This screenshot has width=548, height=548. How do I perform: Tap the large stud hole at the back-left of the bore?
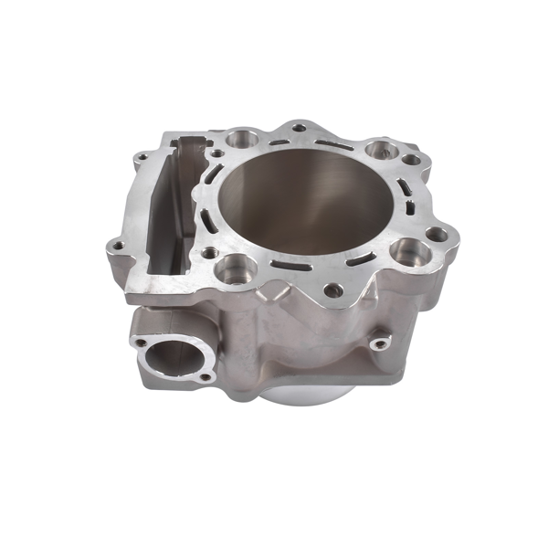point(241,139)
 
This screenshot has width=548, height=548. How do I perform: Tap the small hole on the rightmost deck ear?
point(437,235)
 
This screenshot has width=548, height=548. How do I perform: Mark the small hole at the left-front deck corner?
point(116,245)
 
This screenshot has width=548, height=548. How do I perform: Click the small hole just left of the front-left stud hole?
point(209,253)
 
